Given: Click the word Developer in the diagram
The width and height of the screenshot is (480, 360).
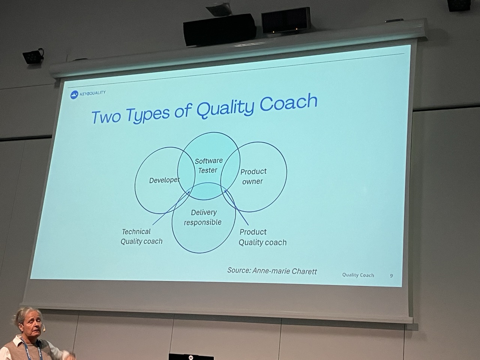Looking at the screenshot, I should coord(164,180).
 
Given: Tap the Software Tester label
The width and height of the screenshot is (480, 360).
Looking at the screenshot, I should coord(208,165).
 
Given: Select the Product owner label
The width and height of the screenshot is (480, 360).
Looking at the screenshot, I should coord(253,176).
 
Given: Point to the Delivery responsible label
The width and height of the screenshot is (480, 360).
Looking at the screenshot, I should coord(203,217).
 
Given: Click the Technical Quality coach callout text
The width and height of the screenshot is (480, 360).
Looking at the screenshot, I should coord(141,237).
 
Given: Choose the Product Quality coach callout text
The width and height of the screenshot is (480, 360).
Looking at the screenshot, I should coord(262,237).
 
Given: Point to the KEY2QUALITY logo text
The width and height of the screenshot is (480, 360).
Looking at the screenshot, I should coord(93,93).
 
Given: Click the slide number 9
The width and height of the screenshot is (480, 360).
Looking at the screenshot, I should coord(391,276).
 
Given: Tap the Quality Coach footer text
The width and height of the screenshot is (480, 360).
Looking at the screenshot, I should coord(358,275).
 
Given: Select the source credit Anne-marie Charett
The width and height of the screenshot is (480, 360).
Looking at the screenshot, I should coord(272,270).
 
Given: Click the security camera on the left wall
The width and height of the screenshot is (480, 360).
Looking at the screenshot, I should coord(33,56).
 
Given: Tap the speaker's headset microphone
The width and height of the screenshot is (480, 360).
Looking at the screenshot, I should coord(44,329).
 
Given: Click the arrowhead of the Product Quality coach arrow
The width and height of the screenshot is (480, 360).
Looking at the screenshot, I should coord(226,192).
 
